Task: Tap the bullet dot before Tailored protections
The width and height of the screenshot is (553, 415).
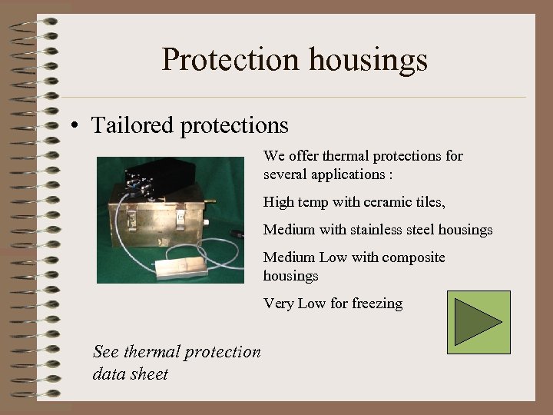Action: [73, 126]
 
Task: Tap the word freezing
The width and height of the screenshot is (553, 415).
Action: [377, 304]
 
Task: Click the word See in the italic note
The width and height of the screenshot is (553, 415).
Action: [105, 352]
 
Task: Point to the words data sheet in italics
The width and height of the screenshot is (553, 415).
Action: [130, 374]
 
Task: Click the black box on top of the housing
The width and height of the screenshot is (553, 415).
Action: [154, 174]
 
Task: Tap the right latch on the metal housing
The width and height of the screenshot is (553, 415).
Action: [181, 216]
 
